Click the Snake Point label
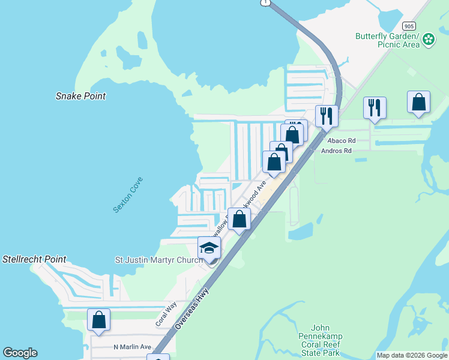tap(80, 96)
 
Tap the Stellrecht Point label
tap(34, 260)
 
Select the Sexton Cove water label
tap(128, 194)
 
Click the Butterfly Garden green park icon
tap(429, 40)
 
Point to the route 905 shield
tap(409, 26)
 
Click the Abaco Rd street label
tap(343, 141)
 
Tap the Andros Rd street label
tap(336, 151)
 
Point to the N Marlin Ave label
tap(132, 347)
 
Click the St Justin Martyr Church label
tap(158, 260)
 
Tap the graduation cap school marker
tap(209, 247)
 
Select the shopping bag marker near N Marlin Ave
tap(98, 320)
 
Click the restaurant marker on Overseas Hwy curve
tap(327, 115)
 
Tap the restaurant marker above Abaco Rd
tap(375, 107)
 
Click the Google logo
tap(20, 353)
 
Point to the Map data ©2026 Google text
tap(411, 355)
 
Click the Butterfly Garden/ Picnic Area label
tap(386, 40)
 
